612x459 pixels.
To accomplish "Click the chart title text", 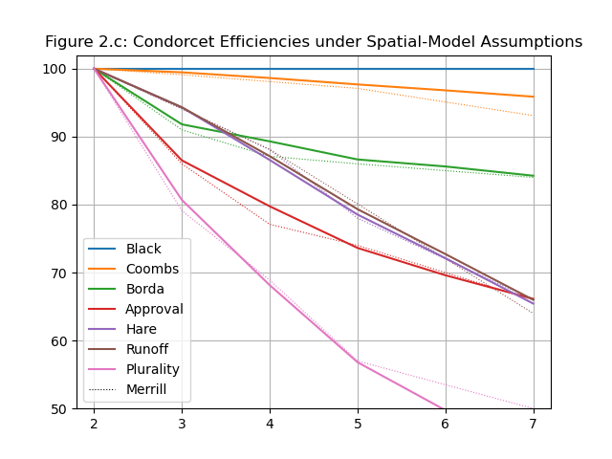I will pos(314,42).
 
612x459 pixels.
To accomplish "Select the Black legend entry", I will pos(143,249).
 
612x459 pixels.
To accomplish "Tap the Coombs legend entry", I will pos(149,269).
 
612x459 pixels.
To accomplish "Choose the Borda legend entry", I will pos(144,289).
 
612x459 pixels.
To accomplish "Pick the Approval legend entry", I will pos(154,309).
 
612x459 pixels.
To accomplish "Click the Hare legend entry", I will pos(141,329).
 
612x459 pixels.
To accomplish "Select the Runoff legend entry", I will pos(146,349).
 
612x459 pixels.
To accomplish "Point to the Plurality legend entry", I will pos(152,369).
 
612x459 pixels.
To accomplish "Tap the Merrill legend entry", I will pos(146,389).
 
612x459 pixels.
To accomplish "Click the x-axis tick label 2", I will pos(94,423).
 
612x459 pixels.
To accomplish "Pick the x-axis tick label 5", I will pos(358,423).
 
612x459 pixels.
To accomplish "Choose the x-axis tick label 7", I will pos(534,423).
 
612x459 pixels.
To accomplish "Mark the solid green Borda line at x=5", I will pos(358,160).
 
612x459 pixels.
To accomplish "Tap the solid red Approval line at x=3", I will pos(182,160).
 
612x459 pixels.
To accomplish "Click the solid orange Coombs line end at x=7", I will pos(534,97).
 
